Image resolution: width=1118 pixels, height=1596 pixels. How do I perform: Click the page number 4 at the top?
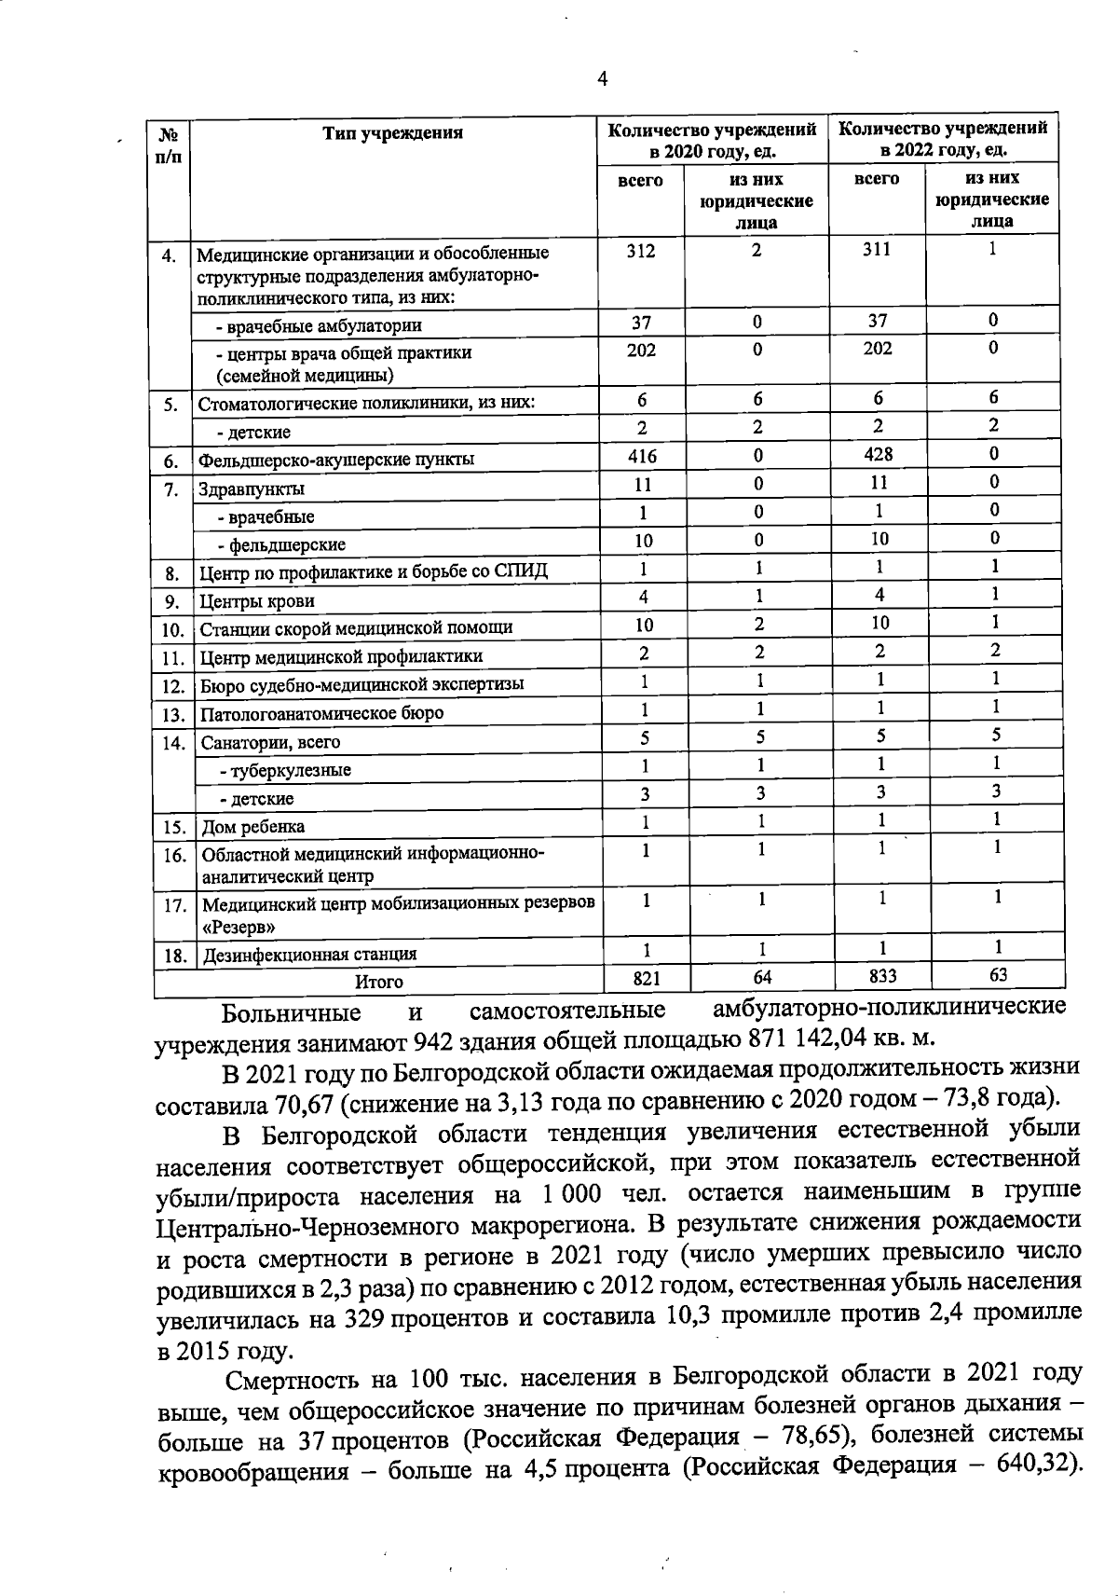click(x=602, y=79)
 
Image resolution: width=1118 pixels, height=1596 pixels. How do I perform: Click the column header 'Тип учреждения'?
click(x=392, y=132)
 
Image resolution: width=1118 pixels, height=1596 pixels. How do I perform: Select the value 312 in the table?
click(x=641, y=251)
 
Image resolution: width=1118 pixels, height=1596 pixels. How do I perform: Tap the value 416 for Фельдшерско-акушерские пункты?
click(x=642, y=456)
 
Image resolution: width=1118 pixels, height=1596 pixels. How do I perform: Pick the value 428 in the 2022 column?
click(x=878, y=454)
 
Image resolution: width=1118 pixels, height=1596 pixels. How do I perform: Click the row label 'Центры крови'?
click(x=258, y=601)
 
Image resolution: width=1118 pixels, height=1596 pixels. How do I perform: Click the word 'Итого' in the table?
click(x=378, y=982)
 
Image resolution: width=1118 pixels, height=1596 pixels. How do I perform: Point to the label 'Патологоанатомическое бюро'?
click(x=322, y=713)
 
